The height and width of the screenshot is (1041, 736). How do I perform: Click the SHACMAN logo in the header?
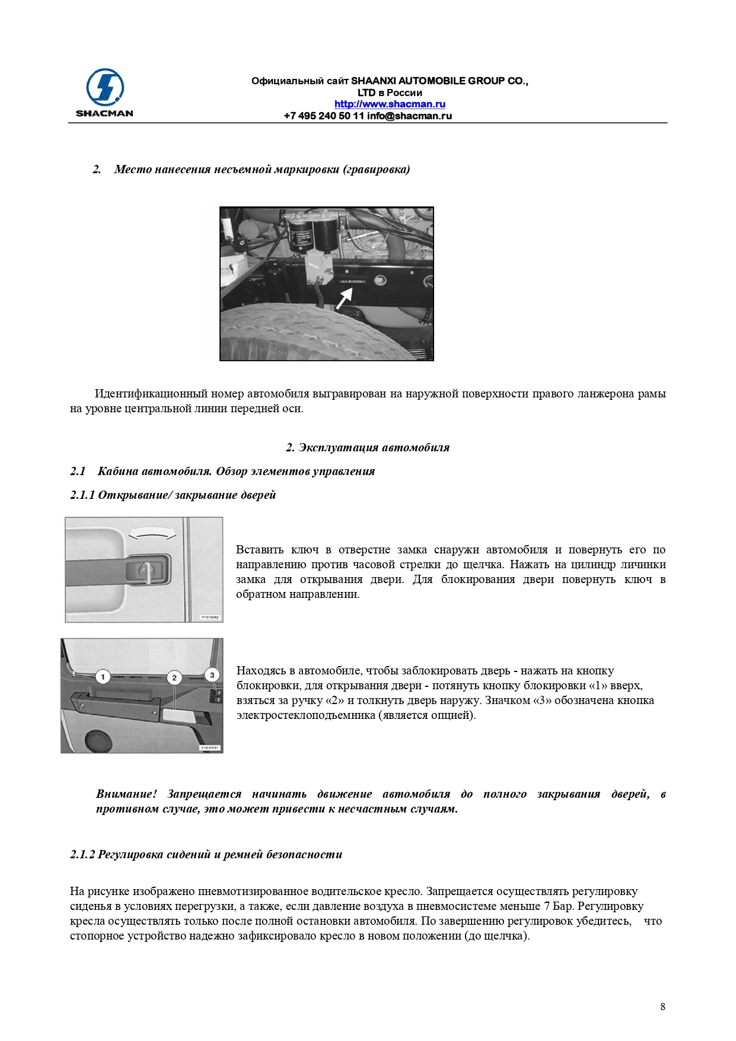click(x=104, y=93)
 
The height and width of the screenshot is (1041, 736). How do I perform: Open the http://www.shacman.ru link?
click(x=390, y=104)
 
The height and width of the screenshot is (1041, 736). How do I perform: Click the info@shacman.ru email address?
click(x=409, y=116)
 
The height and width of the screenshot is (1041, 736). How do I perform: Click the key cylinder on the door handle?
click(x=146, y=571)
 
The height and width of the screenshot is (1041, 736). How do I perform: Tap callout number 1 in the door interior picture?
click(x=103, y=677)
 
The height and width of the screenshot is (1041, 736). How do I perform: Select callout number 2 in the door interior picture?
click(x=174, y=678)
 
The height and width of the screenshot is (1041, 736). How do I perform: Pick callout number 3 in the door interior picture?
click(x=212, y=675)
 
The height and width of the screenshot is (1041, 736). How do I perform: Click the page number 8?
click(x=662, y=1007)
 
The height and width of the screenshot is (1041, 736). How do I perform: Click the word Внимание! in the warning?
click(x=126, y=794)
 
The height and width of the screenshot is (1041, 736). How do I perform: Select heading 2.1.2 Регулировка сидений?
click(x=206, y=855)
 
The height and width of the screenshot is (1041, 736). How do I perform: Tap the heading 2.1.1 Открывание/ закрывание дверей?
click(x=173, y=495)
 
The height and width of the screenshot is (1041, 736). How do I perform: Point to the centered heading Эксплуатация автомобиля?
click(x=368, y=448)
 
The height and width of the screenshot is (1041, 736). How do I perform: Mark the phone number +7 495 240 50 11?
click(x=324, y=116)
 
